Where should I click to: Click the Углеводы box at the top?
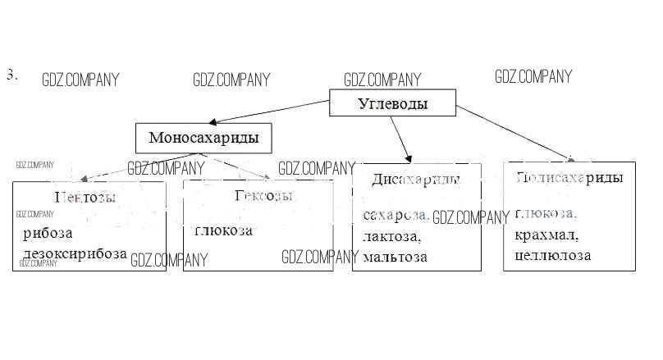393,104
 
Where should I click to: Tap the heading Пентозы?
85,197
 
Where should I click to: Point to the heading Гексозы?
263,196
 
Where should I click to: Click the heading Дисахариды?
415,180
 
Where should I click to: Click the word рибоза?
48,233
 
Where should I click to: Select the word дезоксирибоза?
75,253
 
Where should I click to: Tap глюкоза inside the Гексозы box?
223,230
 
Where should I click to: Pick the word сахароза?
396,215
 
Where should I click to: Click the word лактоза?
391,236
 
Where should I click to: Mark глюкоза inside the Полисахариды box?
546,213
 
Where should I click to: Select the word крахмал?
547,235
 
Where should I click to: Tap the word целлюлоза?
552,256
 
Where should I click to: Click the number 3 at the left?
11,75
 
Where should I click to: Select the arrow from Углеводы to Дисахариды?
400,138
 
